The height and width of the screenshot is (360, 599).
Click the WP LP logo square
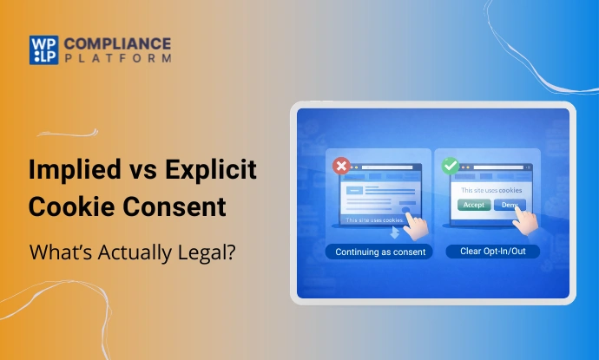pyautogui.click(x=42, y=49)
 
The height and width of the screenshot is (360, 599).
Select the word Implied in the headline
pyautogui.click(x=72, y=170)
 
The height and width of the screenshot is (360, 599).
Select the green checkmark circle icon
pyautogui.click(x=450, y=165)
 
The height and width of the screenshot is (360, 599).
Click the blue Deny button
pyautogui.click(x=509, y=205)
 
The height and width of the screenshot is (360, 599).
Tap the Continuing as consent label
pyautogui.click(x=376, y=252)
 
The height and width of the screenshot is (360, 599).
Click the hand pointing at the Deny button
pyautogui.click(x=529, y=224)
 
